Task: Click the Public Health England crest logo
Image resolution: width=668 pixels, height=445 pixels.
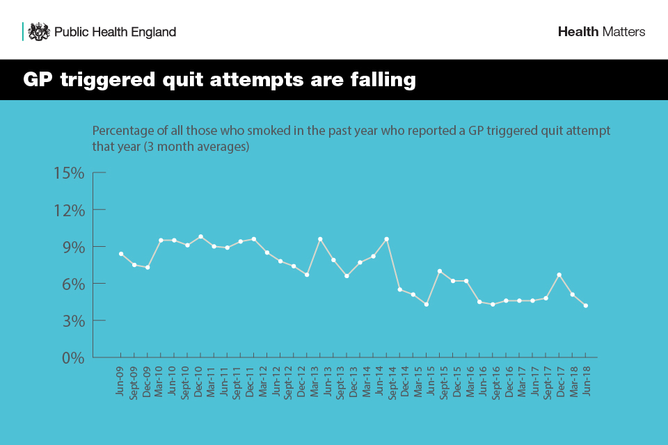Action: click(x=39, y=31)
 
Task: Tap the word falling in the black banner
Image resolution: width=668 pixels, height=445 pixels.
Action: click(x=382, y=80)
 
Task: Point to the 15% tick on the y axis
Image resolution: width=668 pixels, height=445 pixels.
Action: click(x=69, y=173)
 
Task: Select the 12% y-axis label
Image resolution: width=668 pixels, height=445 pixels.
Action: click(x=69, y=210)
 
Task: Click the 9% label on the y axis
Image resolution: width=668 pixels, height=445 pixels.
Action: click(x=73, y=247)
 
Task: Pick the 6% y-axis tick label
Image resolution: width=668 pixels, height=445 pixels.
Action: click(x=73, y=284)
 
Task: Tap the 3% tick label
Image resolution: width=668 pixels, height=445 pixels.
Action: click(x=73, y=321)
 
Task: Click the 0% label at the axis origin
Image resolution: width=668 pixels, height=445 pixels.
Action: click(x=73, y=358)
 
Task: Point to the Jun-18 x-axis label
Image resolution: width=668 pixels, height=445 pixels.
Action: click(x=586, y=379)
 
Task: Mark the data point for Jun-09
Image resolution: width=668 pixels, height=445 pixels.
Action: click(x=121, y=254)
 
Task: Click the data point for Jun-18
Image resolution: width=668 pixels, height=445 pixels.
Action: click(x=586, y=305)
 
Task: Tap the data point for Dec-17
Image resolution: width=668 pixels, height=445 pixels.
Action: click(x=559, y=275)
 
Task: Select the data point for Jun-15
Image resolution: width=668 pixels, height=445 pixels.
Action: click(x=427, y=305)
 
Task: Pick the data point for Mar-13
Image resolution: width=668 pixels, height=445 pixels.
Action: click(x=320, y=239)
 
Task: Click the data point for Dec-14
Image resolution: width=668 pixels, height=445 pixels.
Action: click(x=400, y=289)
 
